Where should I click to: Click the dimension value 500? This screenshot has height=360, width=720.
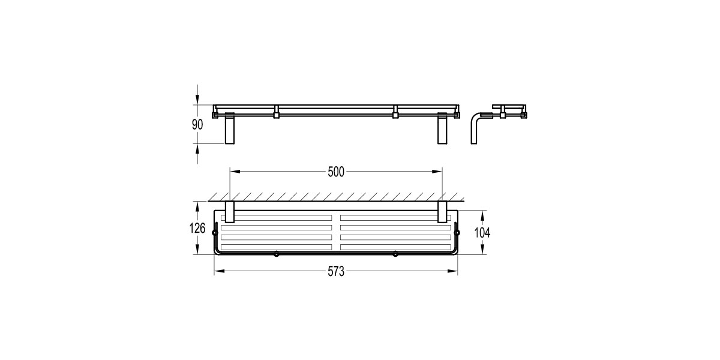336,172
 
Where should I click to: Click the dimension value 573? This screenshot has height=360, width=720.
336,272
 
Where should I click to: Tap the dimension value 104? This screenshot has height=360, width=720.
482,232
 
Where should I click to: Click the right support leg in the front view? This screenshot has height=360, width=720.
442,130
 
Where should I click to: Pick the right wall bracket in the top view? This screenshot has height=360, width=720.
443,212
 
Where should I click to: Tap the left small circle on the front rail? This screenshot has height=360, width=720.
276,254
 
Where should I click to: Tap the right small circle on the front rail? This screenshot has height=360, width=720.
395,254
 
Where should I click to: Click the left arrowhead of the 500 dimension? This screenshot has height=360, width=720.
235,172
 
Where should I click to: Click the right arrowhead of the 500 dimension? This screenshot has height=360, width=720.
438,172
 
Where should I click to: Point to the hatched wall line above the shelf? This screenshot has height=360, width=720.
336,198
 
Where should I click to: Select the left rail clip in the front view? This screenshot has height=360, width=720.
277,112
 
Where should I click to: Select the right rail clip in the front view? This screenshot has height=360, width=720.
395,112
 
